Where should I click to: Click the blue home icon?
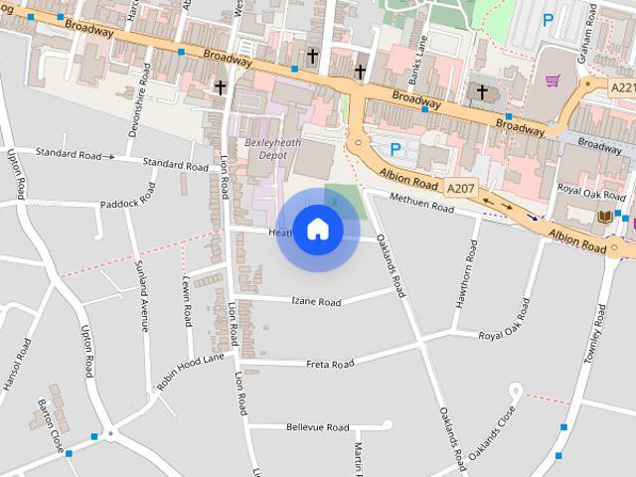[x=318, y=229]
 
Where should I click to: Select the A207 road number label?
[x=460, y=187]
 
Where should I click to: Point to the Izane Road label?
[x=316, y=300]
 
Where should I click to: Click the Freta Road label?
[x=330, y=364]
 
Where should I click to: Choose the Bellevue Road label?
[x=317, y=427]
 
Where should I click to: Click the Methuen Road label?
[x=421, y=205]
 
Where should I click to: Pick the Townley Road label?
[x=597, y=337]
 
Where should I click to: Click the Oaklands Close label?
[x=493, y=433]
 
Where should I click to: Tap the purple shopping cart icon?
[x=553, y=80]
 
